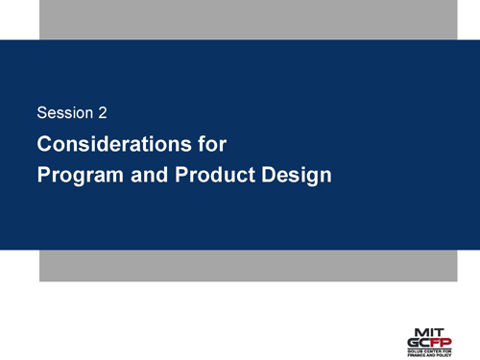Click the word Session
tap(64, 113)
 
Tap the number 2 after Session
tap(102, 113)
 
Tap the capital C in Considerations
tap(44, 146)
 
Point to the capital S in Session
tap(40, 113)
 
